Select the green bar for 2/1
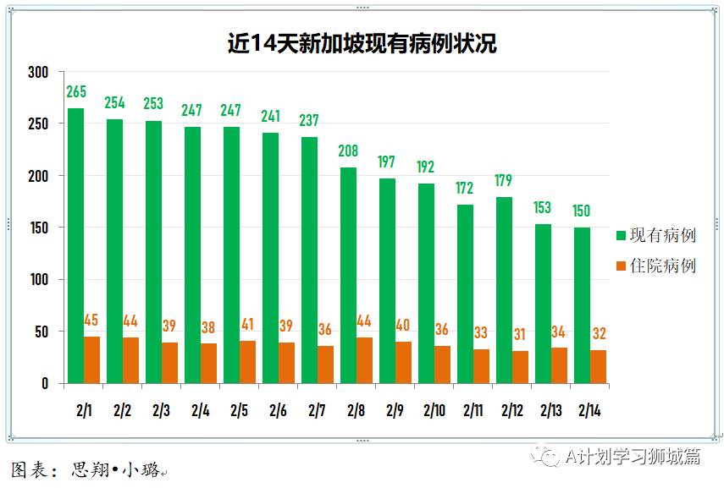point(75,245)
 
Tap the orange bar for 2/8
point(365,360)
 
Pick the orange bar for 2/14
point(598,366)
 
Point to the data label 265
point(76,92)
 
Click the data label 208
point(348,151)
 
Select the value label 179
point(504,181)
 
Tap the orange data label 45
point(91,321)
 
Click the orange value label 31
point(520,335)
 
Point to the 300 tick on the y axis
point(38,73)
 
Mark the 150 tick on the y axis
point(38,228)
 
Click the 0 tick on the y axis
point(45,384)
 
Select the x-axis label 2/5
point(239,411)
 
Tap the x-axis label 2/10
point(434,411)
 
